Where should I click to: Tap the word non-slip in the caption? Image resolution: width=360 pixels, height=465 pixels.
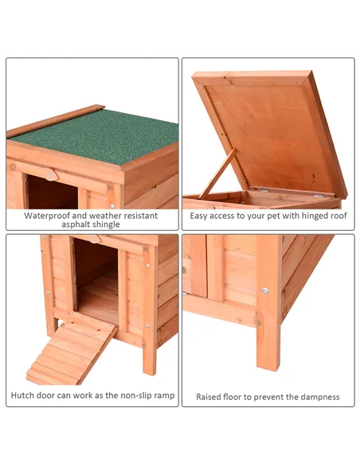click(x=123, y=396)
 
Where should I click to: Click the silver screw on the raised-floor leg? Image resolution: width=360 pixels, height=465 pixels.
click(x=266, y=291)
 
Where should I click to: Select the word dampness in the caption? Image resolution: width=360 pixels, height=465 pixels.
click(x=318, y=397)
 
